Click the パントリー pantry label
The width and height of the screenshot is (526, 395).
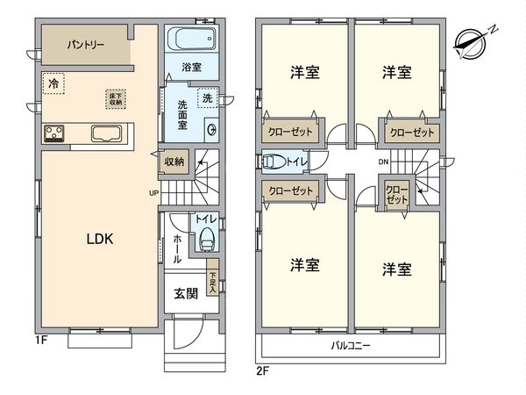(x=85, y=43)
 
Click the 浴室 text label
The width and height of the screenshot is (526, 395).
(x=192, y=67)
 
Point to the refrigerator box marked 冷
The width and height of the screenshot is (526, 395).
(x=54, y=85)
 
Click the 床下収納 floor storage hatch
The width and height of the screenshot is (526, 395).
(x=115, y=98)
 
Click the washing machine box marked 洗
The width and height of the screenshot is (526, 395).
(x=207, y=97)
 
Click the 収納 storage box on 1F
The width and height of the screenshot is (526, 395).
(x=174, y=162)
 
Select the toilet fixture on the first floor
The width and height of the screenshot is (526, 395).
(x=207, y=237)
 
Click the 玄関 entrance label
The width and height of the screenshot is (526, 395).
(x=184, y=294)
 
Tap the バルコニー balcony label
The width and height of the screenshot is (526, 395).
(x=350, y=345)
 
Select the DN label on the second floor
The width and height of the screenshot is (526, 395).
(x=383, y=162)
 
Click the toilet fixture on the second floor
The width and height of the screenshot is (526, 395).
(x=273, y=162)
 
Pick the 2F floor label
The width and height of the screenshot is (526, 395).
(x=262, y=370)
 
